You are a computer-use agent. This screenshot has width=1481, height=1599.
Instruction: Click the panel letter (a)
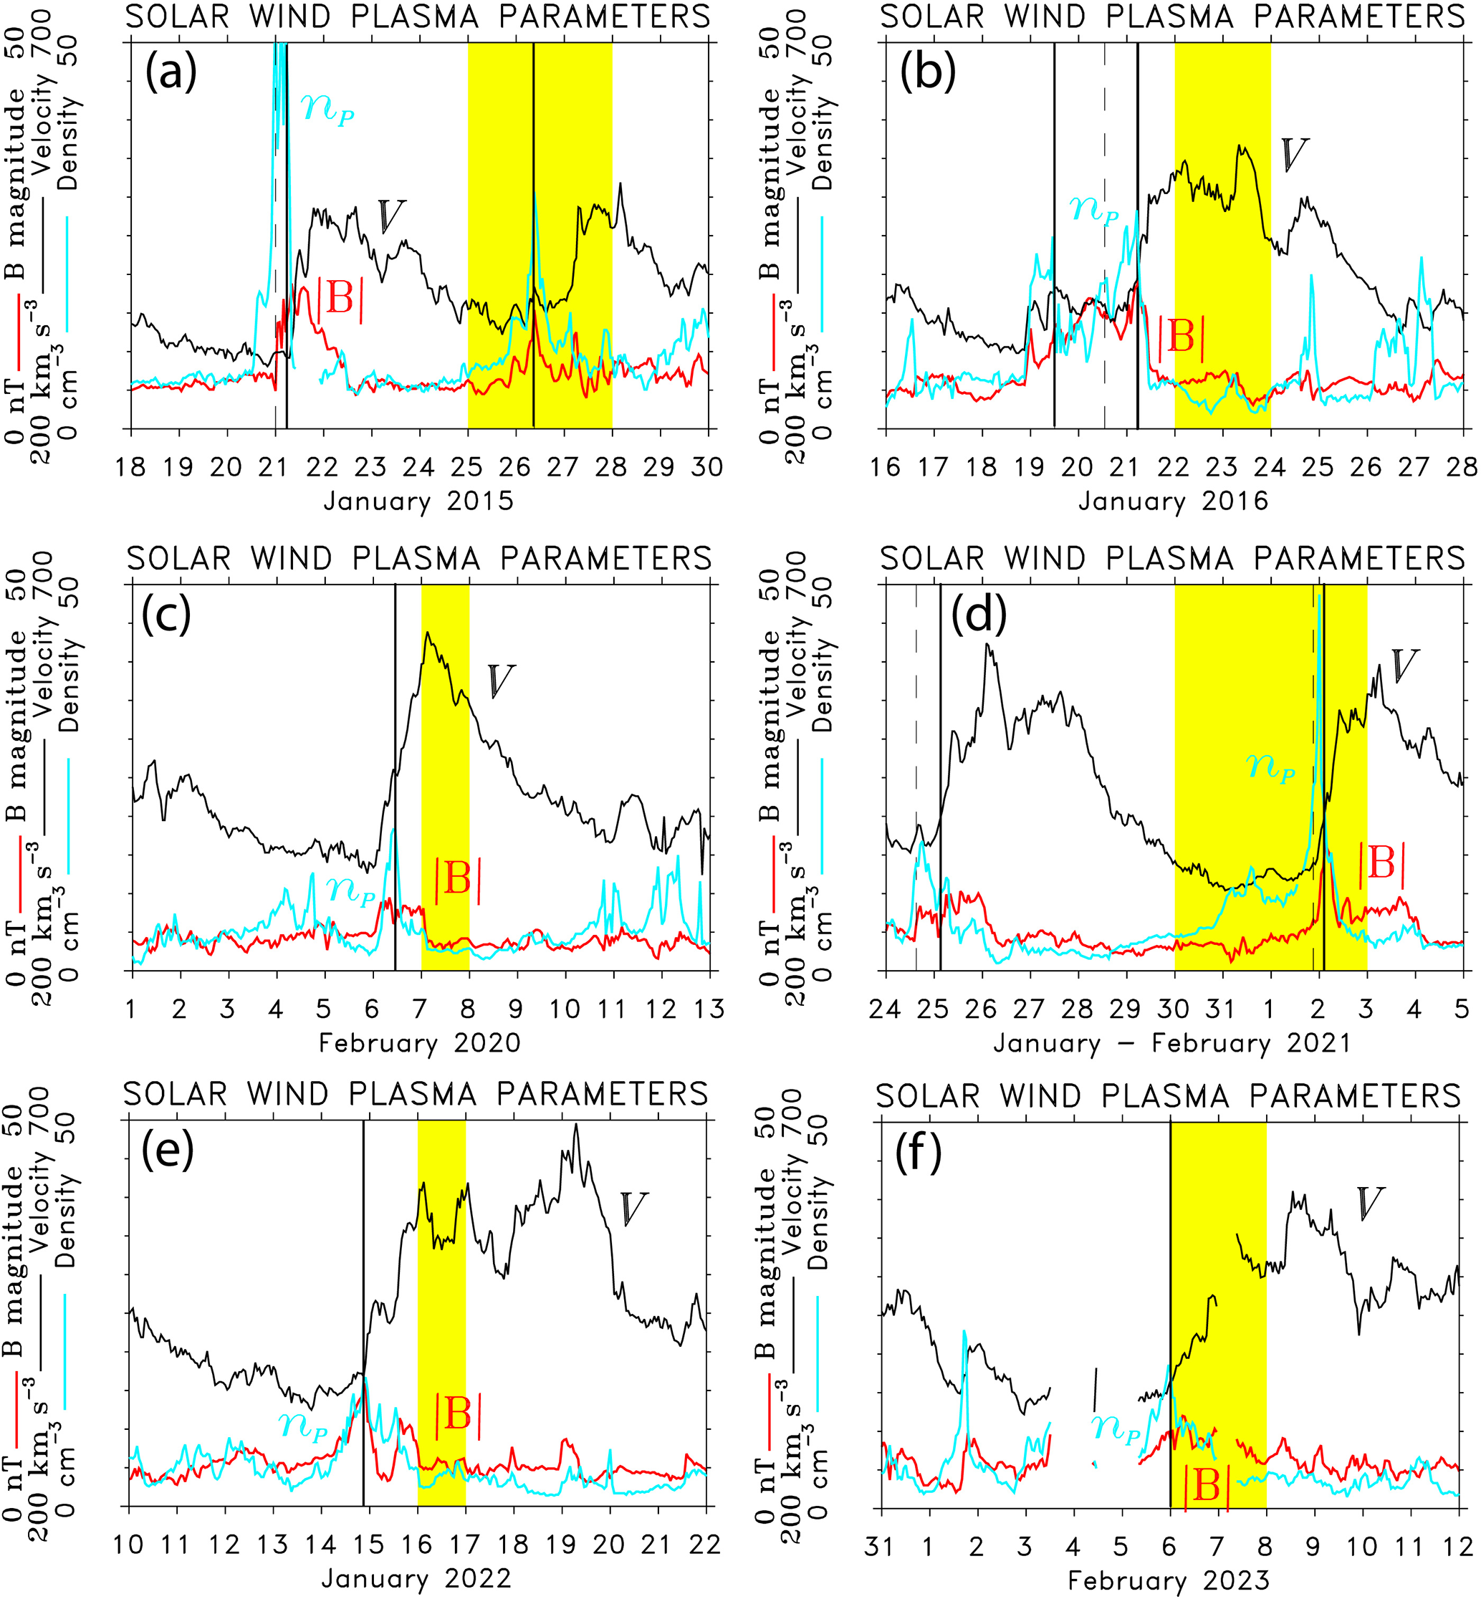click(x=170, y=74)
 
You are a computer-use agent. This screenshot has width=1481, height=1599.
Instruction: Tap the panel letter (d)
click(x=978, y=615)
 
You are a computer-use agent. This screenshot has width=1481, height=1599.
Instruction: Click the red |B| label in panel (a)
click(x=340, y=299)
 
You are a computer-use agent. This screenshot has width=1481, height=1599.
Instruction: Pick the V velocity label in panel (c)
click(x=501, y=681)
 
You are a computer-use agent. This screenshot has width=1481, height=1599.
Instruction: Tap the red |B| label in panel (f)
click(x=1206, y=1487)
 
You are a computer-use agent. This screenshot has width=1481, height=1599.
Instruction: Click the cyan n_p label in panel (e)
click(x=303, y=1423)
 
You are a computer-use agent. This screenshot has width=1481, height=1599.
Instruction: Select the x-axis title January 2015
click(x=418, y=501)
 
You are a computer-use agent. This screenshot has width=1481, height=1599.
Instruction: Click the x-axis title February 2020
click(x=420, y=1043)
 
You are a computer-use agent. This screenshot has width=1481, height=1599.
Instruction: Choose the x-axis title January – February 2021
click(x=1172, y=1043)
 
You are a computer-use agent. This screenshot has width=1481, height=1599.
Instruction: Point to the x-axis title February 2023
click(x=1169, y=1580)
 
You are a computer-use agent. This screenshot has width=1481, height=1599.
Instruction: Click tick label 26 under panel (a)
click(x=514, y=467)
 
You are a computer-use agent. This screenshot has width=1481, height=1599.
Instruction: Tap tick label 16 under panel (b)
click(x=886, y=467)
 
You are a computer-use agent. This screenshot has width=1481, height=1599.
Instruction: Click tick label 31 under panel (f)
click(x=881, y=1545)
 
